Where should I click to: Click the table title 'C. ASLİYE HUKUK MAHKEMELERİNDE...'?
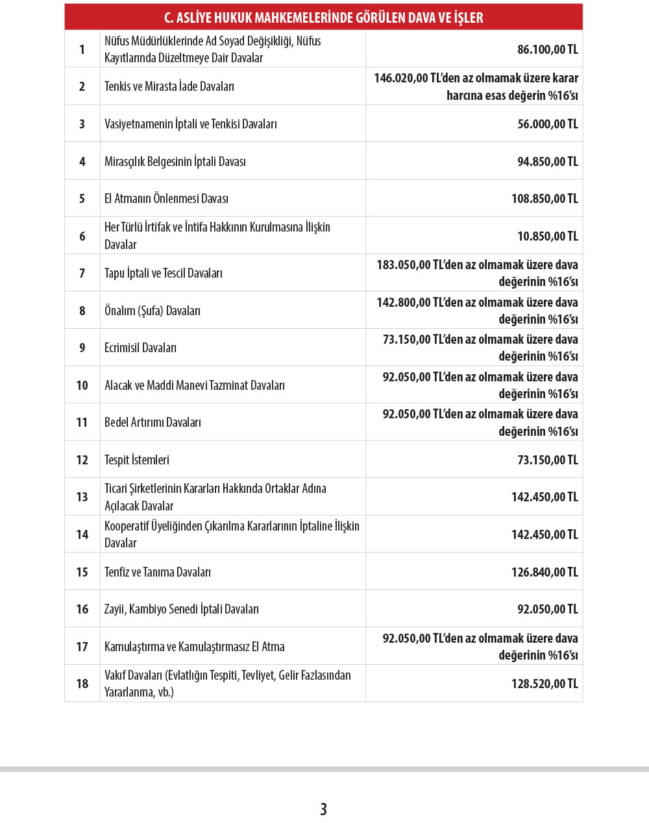(x=323, y=18)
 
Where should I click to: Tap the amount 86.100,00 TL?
(x=547, y=49)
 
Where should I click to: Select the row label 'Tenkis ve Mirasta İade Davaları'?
(x=169, y=86)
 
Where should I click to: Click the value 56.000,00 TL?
(x=547, y=124)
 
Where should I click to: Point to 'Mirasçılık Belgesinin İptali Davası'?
(x=175, y=161)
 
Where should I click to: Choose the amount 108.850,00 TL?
(x=544, y=198)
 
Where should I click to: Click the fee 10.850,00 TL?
(x=547, y=236)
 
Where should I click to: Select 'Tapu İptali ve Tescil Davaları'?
(x=164, y=273)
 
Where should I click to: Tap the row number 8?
(x=82, y=311)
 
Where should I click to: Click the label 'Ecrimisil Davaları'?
(x=141, y=348)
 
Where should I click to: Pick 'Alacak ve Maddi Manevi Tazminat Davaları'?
(x=195, y=385)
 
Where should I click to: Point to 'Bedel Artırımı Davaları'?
(x=153, y=422)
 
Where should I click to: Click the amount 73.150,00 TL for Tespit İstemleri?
(x=547, y=460)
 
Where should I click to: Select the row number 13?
(x=82, y=497)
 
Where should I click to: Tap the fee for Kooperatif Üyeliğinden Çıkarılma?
(x=544, y=534)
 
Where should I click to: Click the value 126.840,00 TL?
(x=544, y=572)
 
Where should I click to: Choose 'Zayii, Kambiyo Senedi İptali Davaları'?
(x=182, y=609)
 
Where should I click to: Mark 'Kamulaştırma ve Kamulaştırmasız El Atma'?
(x=195, y=647)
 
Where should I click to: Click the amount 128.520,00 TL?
(x=544, y=684)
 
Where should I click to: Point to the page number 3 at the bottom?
(x=323, y=809)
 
